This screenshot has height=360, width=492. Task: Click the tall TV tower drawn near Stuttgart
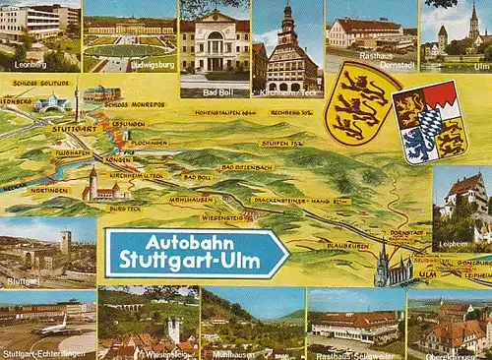76,103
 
